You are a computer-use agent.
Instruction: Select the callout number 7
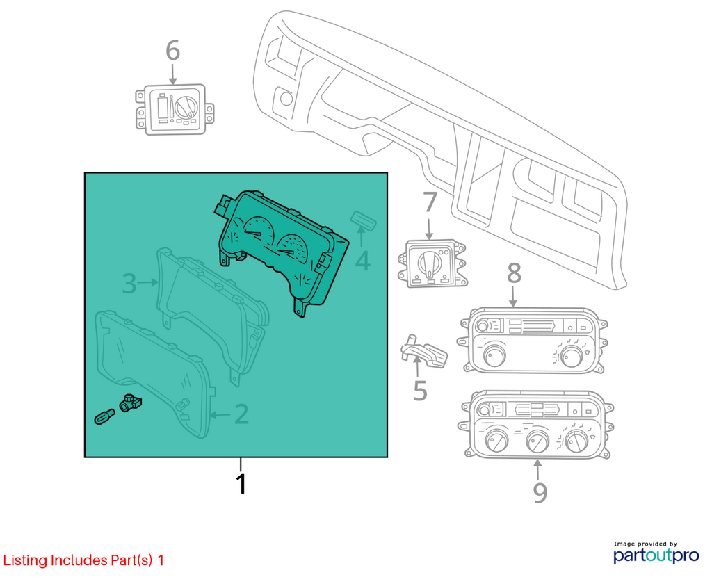pyautogui.click(x=430, y=202)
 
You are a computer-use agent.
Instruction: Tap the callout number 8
pyautogui.click(x=514, y=273)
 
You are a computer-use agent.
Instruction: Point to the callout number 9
pyautogui.click(x=540, y=492)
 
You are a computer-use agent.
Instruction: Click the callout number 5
pyautogui.click(x=420, y=391)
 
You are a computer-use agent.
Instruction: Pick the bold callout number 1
pyautogui.click(x=241, y=484)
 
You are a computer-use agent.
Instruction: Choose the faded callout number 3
pyautogui.click(x=129, y=283)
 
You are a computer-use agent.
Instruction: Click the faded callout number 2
pyautogui.click(x=241, y=414)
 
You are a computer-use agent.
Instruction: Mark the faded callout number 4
pyautogui.click(x=362, y=261)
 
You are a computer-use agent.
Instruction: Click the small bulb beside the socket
pyautogui.click(x=104, y=416)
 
